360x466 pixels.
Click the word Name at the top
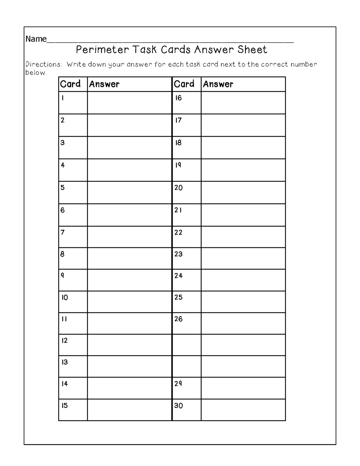point(36,39)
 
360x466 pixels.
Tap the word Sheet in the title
point(252,50)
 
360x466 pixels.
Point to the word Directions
point(44,64)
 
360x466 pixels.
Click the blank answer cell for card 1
point(129,103)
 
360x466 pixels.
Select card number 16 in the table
point(178,98)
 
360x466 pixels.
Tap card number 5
point(63,188)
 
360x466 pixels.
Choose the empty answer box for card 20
point(243,192)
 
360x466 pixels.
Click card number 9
point(63,276)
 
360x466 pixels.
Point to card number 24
point(178,276)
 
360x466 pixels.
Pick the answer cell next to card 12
point(129,345)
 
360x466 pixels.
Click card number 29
point(178,384)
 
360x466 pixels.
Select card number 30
point(178,406)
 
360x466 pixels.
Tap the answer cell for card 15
point(129,410)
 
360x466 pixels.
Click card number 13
point(65,362)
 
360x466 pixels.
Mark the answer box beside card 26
point(243,323)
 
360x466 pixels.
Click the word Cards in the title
point(176,50)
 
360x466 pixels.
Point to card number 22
point(178,233)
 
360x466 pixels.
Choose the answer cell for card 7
point(129,237)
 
